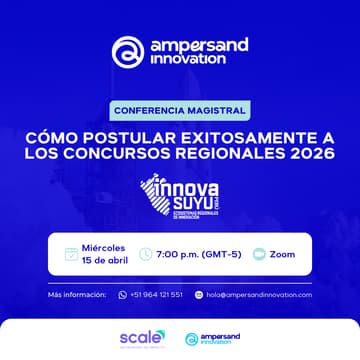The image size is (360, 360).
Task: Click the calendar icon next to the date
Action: [71, 254]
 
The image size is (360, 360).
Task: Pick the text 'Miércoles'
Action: [104, 246]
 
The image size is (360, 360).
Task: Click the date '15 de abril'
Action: [105, 261]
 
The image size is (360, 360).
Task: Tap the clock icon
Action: [146, 254]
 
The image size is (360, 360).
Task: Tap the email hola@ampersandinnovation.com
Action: [259, 294]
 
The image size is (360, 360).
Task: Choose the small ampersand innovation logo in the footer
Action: [213, 339]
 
